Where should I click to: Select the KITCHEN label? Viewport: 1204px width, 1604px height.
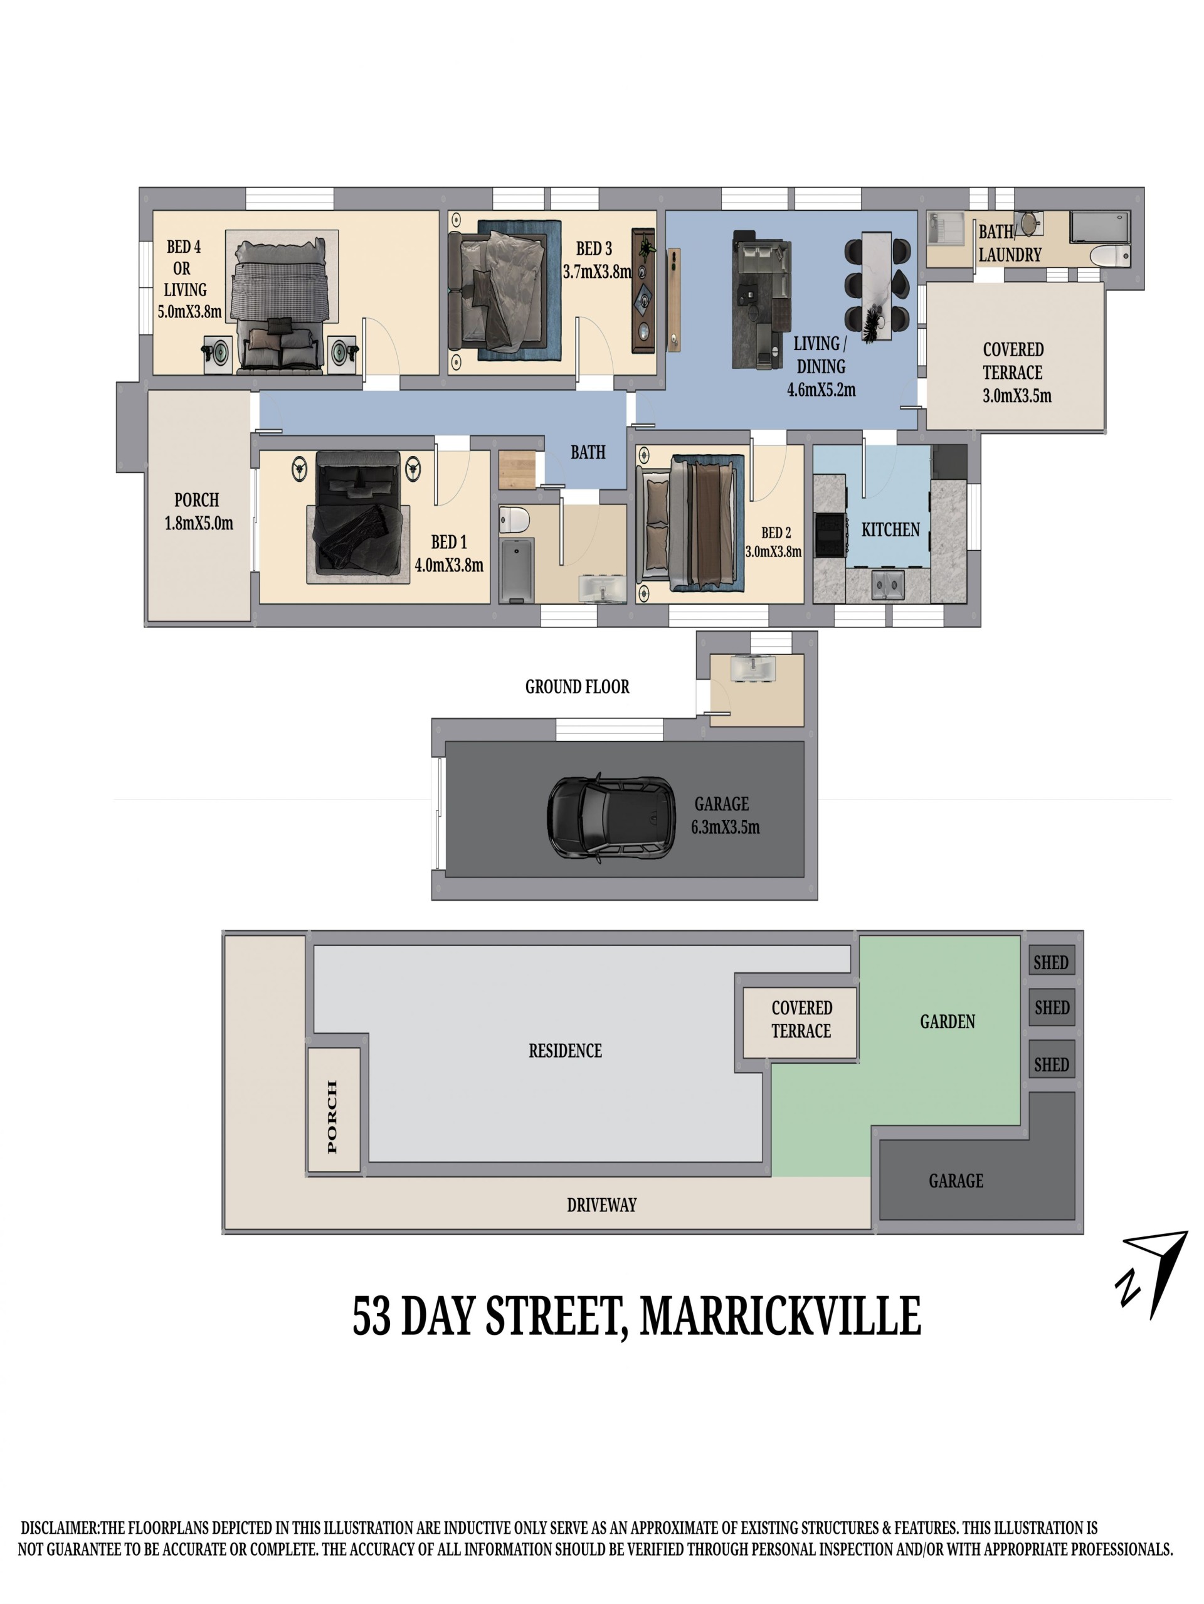point(889,530)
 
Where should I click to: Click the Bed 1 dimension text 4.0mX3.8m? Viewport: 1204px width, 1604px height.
point(449,565)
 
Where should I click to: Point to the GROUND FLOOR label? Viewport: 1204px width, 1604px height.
point(577,686)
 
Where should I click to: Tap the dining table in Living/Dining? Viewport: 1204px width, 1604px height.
point(879,285)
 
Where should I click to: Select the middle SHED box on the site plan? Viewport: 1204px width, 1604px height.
point(1051,1007)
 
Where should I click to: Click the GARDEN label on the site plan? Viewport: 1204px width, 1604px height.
point(948,1022)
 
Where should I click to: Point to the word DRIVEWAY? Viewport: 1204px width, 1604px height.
point(601,1205)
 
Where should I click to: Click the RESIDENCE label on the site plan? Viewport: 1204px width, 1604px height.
point(566,1051)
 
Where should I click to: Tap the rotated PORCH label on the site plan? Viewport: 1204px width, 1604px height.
point(332,1117)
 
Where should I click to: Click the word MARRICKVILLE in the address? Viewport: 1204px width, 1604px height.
point(781,1316)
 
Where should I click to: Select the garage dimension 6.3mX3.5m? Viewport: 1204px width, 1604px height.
point(725,827)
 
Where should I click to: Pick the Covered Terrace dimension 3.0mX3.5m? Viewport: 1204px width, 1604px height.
point(1017,396)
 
